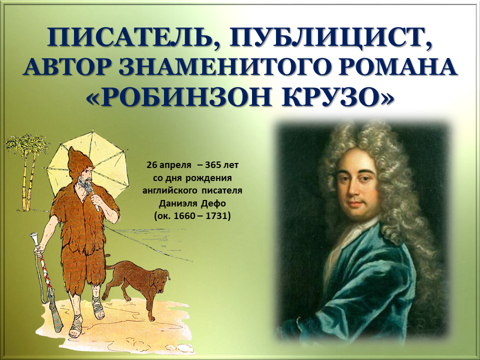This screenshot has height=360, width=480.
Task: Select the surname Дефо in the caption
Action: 213,203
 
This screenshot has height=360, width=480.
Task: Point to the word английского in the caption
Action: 169,190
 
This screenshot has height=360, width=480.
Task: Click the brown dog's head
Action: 160,279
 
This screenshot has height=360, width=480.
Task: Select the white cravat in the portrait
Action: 346,245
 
